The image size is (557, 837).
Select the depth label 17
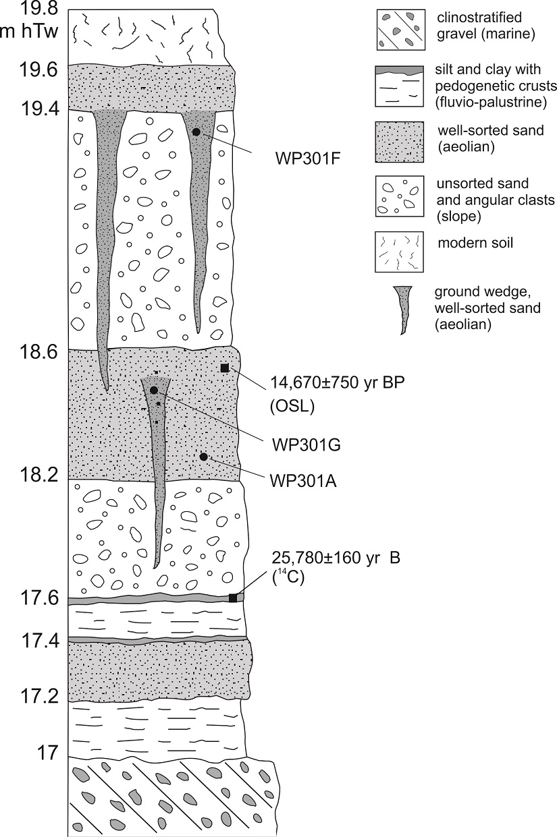click(x=48, y=752)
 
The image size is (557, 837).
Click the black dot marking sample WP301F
click(x=196, y=132)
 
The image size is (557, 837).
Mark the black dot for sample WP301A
click(x=203, y=457)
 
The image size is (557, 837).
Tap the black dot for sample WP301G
click(x=154, y=391)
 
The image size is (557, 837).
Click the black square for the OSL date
click(x=225, y=368)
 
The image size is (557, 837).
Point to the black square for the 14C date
click(x=233, y=598)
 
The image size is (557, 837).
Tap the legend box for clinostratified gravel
click(x=399, y=29)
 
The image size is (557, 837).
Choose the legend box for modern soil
click(x=399, y=252)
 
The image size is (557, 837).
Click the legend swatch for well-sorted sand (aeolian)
click(x=399, y=142)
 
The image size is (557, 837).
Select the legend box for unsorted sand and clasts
click(x=399, y=197)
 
